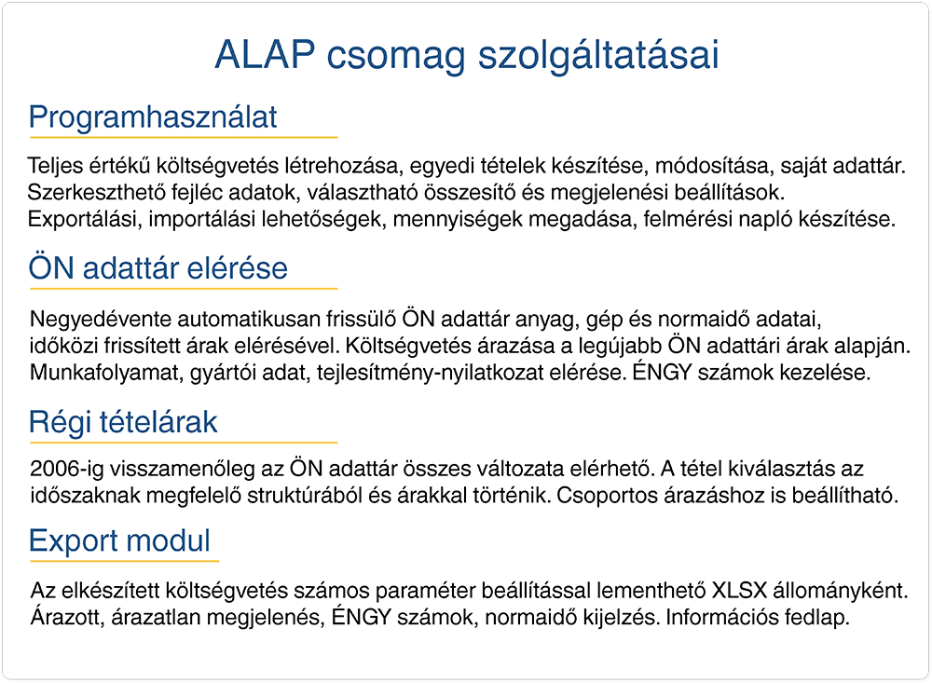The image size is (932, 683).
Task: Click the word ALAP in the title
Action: (265, 55)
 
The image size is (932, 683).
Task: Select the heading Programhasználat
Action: (153, 117)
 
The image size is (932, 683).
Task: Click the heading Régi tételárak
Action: (123, 423)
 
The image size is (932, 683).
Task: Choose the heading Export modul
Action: (119, 540)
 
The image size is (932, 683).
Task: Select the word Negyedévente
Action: (101, 320)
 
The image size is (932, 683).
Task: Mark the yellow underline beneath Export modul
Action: (124, 561)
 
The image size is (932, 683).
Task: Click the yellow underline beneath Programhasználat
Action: (184, 137)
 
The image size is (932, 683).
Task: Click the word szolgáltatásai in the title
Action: (598, 56)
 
